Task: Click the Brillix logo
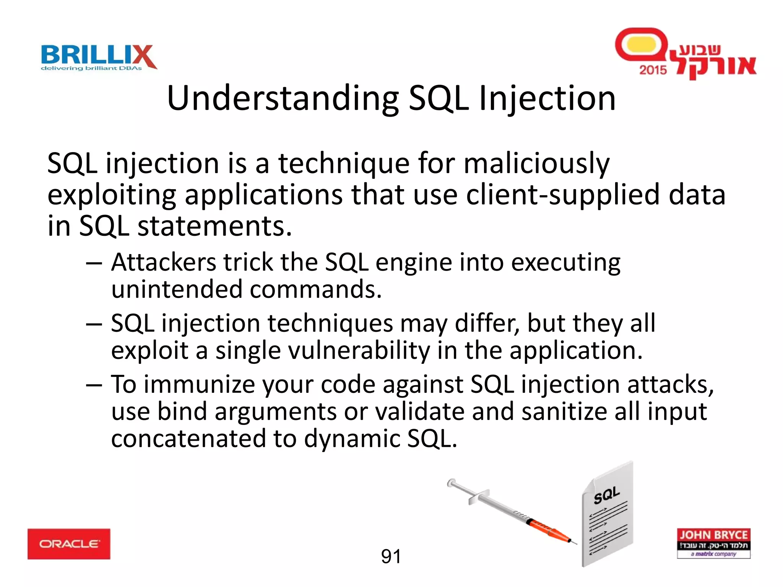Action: [x=99, y=57]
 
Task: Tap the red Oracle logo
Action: [x=69, y=544]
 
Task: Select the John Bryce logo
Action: [x=713, y=543]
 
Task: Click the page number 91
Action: [x=391, y=556]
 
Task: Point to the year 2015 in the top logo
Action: [x=653, y=70]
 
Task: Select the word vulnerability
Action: [x=359, y=351]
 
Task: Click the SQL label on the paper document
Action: [x=606, y=495]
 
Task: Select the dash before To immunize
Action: [x=94, y=385]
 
